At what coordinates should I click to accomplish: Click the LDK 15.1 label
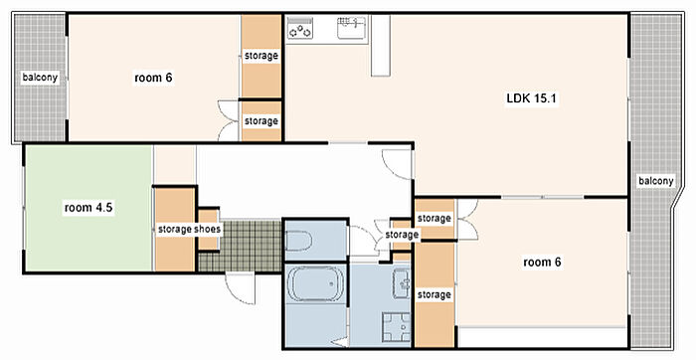531,98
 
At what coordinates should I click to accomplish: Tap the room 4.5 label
88,207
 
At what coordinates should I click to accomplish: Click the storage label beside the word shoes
174,229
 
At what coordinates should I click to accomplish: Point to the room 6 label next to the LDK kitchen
153,78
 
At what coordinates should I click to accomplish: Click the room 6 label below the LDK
542,262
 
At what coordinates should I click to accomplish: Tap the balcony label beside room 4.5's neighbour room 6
40,78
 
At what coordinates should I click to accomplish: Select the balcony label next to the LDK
655,181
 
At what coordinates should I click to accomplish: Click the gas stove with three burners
300,29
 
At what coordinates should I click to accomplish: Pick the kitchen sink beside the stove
351,28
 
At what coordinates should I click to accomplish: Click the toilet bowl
298,241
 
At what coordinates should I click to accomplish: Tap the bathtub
316,284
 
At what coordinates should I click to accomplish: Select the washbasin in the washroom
402,284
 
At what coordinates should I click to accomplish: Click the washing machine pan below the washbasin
397,327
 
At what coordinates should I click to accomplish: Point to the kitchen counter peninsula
381,46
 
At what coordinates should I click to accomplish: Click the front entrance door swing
241,288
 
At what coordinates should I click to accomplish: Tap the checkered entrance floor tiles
241,246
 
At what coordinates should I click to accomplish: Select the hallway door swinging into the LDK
398,164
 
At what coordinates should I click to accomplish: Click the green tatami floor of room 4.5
88,208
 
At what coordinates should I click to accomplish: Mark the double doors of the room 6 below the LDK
468,220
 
